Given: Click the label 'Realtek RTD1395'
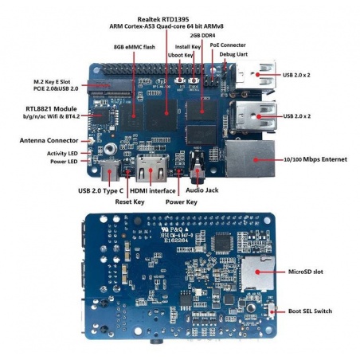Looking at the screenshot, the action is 163,19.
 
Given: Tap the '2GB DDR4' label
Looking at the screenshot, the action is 202,35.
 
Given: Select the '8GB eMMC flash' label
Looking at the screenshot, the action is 135,47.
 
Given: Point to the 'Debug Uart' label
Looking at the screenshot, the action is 233,54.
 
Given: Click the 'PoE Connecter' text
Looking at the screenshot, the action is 228,45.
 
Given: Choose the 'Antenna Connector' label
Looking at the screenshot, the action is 49,140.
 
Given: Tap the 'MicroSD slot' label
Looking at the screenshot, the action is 306,272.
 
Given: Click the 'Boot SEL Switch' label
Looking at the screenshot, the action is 310,311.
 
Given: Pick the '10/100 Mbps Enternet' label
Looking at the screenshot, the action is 315,159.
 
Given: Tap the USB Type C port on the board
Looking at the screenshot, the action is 110,171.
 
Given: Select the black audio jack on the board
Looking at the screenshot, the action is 198,168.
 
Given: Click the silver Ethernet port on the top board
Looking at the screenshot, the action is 250,158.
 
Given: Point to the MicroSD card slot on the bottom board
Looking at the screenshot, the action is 257,273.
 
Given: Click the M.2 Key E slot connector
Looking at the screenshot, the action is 110,87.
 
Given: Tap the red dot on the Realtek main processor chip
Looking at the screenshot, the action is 166,113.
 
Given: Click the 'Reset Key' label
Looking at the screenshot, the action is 130,202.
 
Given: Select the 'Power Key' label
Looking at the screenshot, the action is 182,202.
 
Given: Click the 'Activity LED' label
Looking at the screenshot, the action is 62,154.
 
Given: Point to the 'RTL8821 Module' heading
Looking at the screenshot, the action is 51,109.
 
